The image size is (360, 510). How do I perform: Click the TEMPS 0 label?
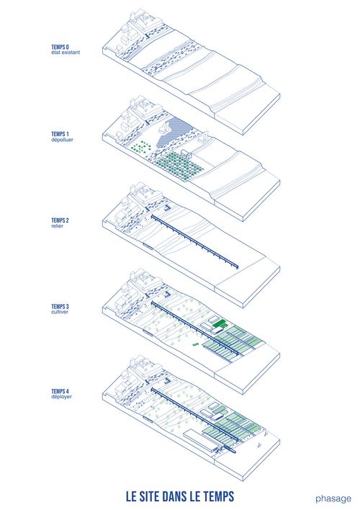60,47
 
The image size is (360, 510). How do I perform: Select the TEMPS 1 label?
60,134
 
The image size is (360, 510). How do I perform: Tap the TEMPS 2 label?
60,220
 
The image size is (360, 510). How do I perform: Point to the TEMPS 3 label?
60,306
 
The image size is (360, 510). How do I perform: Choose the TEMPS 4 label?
60,391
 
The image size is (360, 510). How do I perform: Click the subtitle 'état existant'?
66,53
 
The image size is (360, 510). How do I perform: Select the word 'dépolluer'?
62,140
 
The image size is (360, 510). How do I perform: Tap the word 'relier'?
57,225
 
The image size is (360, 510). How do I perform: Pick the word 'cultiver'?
60,312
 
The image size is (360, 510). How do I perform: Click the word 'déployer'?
61,397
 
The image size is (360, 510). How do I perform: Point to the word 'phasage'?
333,498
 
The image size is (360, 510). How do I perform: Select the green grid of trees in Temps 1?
179,166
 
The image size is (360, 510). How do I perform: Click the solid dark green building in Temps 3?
219,323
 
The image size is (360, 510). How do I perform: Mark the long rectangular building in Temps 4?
201,441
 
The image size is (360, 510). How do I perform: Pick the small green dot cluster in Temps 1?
141,147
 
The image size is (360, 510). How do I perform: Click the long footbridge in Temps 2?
194,241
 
